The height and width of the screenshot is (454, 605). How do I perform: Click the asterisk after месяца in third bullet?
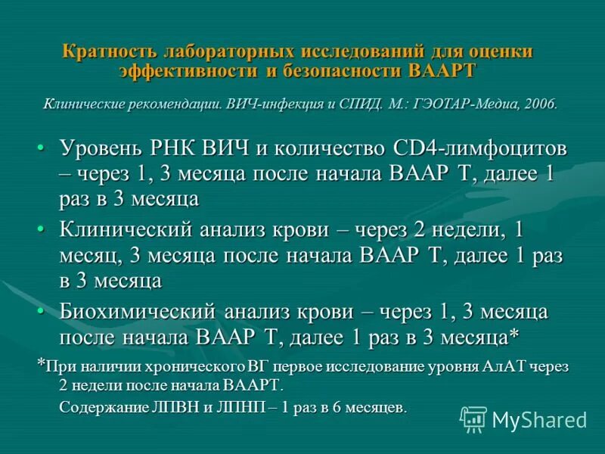tap(514, 334)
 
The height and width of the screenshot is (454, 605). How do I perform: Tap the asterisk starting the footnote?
tap(42, 364)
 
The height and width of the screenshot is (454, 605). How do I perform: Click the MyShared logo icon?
tap(473, 418)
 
